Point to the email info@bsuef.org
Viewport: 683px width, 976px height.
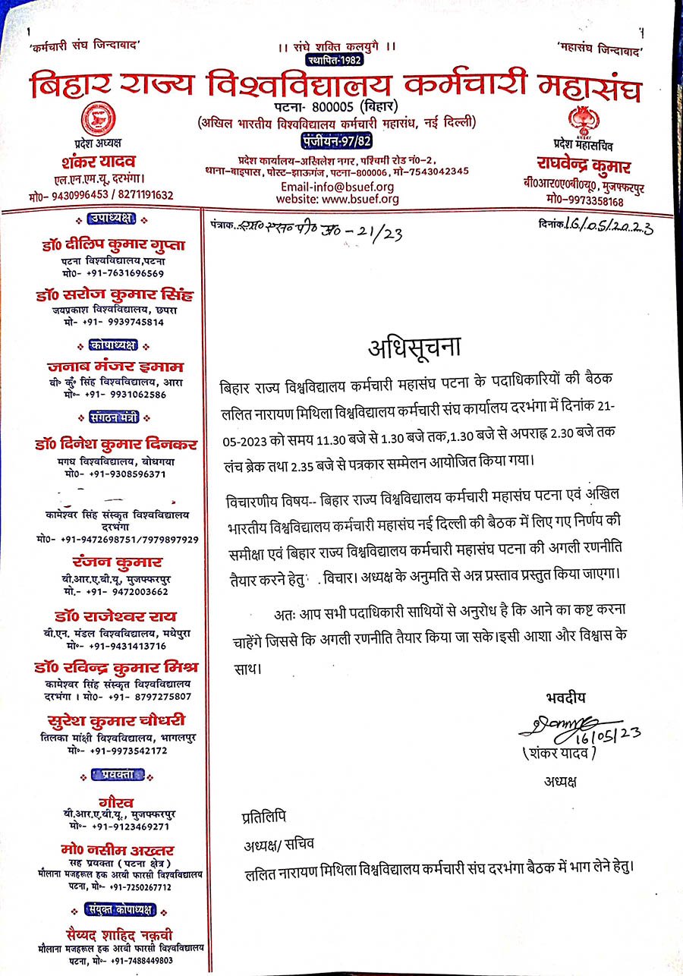(337, 187)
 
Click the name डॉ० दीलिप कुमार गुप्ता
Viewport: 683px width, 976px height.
(114, 244)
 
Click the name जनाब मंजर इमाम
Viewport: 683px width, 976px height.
(114, 367)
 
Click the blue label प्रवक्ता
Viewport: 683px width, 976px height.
(114, 774)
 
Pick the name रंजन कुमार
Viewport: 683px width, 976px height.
(114, 562)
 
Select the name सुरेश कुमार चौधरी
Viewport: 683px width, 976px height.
(115, 719)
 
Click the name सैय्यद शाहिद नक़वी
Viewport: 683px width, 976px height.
(114, 934)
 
